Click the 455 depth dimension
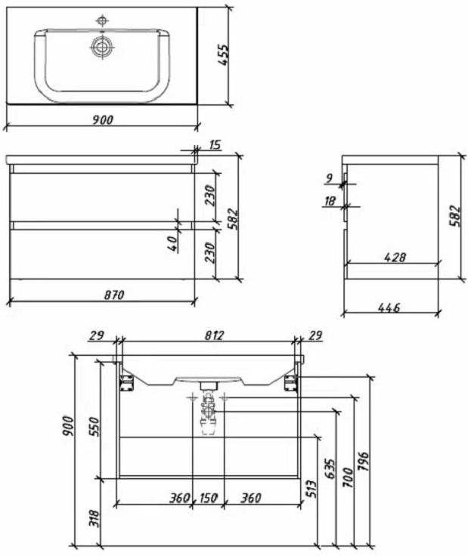click(x=224, y=54)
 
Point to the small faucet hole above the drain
click(x=103, y=21)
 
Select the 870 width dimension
click(x=114, y=295)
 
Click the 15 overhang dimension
click(x=215, y=145)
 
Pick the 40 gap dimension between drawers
click(x=172, y=243)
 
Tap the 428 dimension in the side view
click(x=395, y=257)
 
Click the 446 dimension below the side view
click(x=389, y=307)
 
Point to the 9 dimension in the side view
click(x=329, y=178)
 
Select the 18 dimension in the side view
click(x=330, y=201)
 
